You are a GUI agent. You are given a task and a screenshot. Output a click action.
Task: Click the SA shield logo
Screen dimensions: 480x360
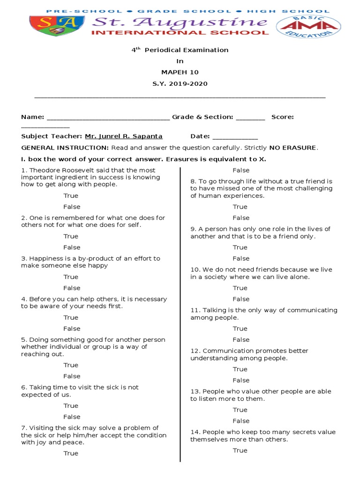(x=57, y=27)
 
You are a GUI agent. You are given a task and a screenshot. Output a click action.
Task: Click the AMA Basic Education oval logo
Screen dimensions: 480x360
(x=307, y=27)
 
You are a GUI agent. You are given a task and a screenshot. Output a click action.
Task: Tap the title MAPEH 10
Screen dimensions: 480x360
(x=180, y=72)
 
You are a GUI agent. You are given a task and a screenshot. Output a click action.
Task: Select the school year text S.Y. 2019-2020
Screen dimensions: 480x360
(x=180, y=84)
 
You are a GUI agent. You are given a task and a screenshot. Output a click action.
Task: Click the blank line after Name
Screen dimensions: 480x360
(x=108, y=118)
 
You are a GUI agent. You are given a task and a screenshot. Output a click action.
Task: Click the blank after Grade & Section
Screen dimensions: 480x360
(x=250, y=118)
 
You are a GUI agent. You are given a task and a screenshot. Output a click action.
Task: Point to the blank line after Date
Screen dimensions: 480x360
(x=235, y=137)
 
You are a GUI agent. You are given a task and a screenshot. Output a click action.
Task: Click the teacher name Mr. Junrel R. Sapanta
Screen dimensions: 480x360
(x=124, y=136)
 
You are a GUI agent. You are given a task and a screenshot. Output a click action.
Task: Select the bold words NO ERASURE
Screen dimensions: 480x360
(x=293, y=148)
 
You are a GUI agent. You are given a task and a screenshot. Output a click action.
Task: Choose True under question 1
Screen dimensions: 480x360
(x=71, y=195)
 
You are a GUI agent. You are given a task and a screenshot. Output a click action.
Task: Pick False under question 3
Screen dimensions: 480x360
(x=72, y=288)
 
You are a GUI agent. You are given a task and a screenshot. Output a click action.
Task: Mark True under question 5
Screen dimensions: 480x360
(x=71, y=365)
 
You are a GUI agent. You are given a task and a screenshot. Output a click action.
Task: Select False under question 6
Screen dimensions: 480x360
(x=72, y=417)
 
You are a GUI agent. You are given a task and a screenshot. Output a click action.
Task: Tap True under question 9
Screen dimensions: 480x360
(x=240, y=247)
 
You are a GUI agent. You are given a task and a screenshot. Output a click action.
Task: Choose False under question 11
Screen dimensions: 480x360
(x=241, y=339)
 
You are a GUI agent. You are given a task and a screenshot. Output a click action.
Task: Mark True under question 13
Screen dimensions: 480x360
(x=240, y=410)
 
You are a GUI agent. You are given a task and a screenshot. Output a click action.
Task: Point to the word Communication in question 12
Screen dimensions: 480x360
(x=223, y=351)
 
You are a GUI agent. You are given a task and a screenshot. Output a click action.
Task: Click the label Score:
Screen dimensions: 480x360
(x=283, y=117)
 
